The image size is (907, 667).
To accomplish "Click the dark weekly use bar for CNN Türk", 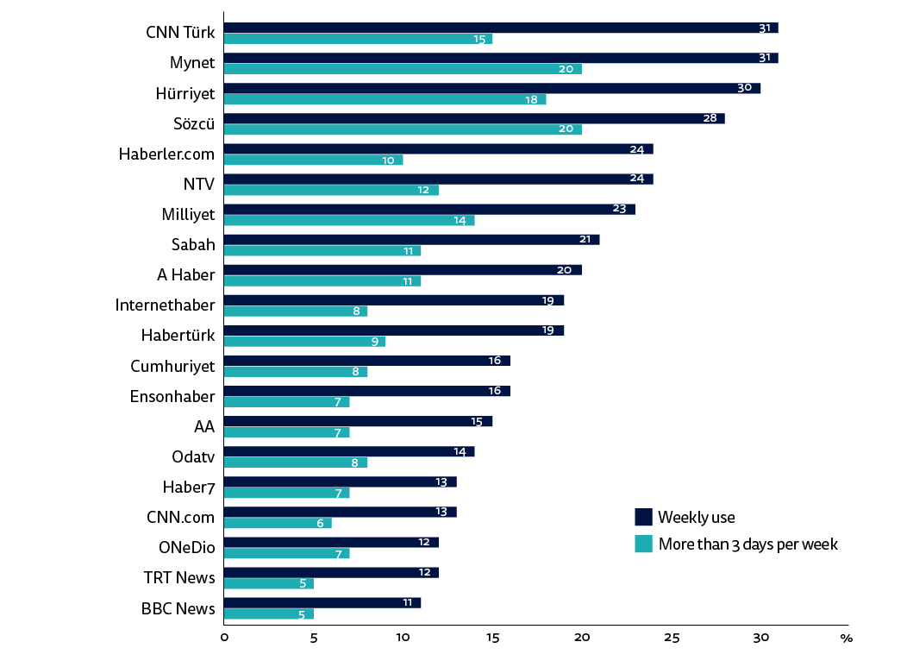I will click(x=500, y=28).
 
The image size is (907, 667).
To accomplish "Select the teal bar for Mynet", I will click(x=402, y=69).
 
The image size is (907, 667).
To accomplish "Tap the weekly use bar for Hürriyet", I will click(x=491, y=88).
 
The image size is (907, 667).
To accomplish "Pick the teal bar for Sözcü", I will click(x=402, y=129).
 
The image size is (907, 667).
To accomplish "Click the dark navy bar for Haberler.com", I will click(x=438, y=148).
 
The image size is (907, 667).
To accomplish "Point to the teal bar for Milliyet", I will click(x=348, y=220).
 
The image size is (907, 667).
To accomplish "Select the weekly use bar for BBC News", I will click(x=322, y=602).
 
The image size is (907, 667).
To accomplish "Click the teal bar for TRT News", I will click(x=268, y=583).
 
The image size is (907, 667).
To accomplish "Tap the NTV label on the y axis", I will click(x=198, y=184).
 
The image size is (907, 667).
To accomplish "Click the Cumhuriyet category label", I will click(x=172, y=366).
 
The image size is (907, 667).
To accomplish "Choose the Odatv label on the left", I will click(x=193, y=456).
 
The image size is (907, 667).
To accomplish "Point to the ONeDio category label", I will click(x=186, y=547).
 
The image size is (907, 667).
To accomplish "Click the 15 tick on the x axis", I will click(x=492, y=638).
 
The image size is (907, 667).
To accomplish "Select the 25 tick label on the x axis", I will click(x=672, y=638).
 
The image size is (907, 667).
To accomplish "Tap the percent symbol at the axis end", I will click(x=846, y=639).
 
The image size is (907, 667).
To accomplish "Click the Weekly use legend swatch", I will click(x=643, y=517).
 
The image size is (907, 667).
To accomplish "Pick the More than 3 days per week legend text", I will click(x=747, y=544).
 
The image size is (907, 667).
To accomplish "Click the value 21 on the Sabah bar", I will click(x=586, y=239).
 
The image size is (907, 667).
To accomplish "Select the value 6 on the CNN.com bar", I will click(x=320, y=523).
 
